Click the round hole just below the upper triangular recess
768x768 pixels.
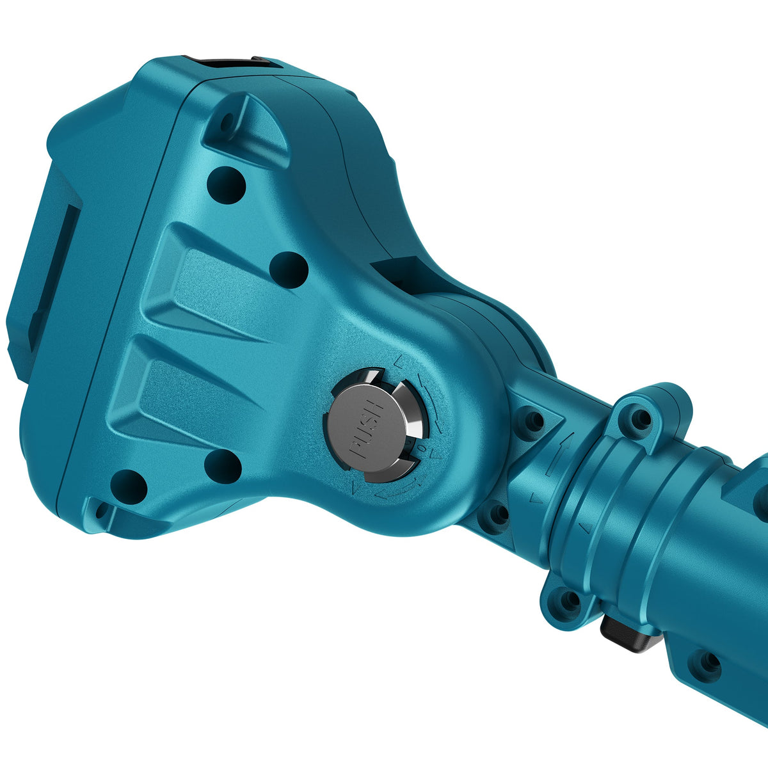click(x=226, y=186)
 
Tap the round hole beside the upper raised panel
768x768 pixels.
click(x=289, y=270)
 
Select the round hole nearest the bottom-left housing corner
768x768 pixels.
click(x=129, y=486)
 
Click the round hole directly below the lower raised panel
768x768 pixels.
click(x=223, y=467)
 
